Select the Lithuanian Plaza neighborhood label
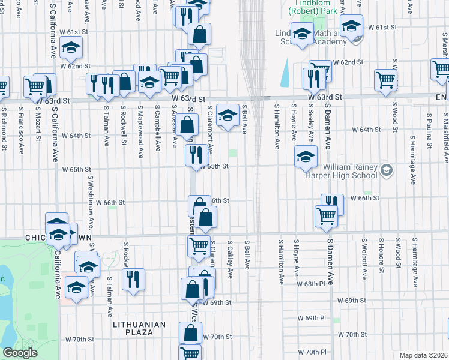(139, 325)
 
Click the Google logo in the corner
(20, 353)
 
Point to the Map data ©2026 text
(423, 355)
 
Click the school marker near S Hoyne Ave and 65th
(306, 157)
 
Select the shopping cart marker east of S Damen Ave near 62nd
(385, 80)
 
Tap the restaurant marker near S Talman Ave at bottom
(133, 279)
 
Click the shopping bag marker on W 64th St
(188, 125)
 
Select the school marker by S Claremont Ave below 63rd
(228, 115)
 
